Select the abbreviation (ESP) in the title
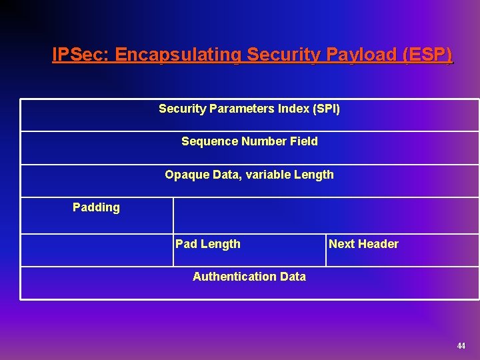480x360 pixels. [x=427, y=55]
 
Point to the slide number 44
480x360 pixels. [x=461, y=345]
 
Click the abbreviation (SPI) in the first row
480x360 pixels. [x=326, y=108]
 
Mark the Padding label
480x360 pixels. [x=96, y=207]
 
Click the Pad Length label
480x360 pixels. [x=208, y=244]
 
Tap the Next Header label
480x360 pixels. [x=363, y=244]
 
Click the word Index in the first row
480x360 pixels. [x=295, y=108]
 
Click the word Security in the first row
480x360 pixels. [x=183, y=108]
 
